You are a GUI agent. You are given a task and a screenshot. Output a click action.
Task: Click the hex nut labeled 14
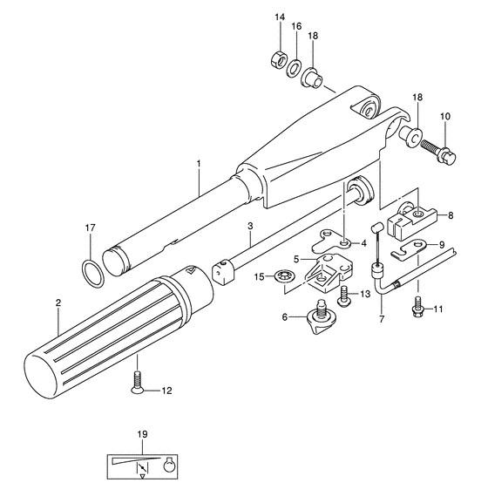click(x=278, y=58)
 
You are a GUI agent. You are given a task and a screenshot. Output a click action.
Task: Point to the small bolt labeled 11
click(x=417, y=307)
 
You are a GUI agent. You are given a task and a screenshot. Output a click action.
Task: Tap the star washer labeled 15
click(x=284, y=277)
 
